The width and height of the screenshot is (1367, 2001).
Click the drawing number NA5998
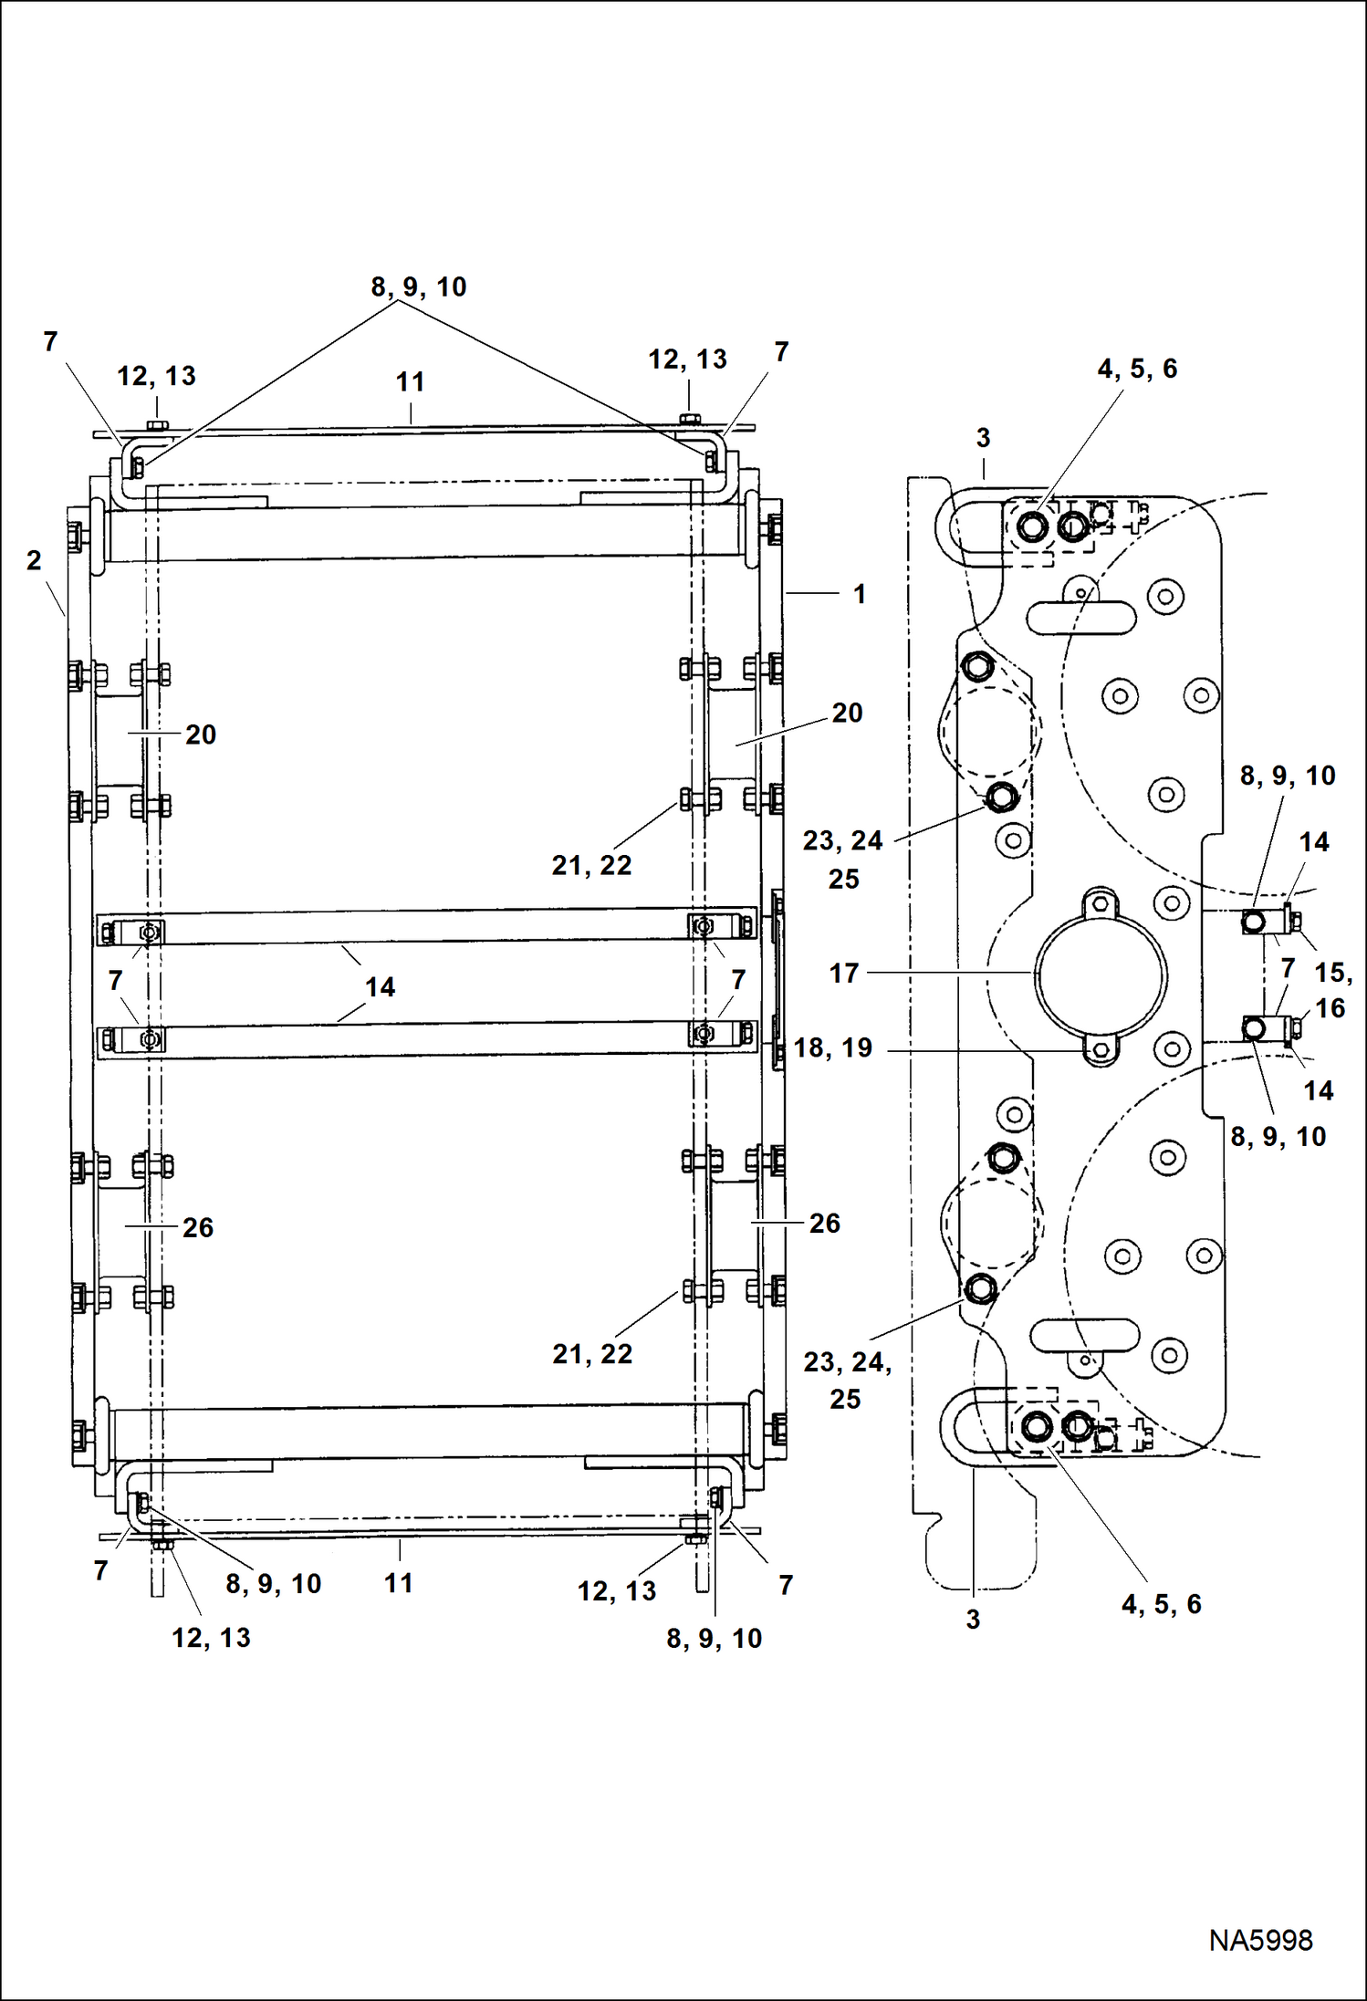[x=1260, y=1940]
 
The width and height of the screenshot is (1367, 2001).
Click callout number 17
[x=844, y=974]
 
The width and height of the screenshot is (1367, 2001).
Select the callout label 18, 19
[x=832, y=1047]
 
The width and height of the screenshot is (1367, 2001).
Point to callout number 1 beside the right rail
[x=859, y=594]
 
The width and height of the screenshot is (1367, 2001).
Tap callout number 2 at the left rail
[x=34, y=560]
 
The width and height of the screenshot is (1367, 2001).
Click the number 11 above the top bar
[x=410, y=382]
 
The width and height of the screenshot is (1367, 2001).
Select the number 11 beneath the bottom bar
[x=398, y=1583]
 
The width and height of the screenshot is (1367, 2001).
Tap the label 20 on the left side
[x=201, y=735]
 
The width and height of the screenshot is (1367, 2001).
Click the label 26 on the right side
[x=824, y=1223]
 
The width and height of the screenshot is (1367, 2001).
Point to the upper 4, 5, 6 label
[x=1137, y=369]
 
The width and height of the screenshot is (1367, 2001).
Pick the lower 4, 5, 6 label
[x=1161, y=1604]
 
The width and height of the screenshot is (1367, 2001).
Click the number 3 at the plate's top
[x=983, y=438]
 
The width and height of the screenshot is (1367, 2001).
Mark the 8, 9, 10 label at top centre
[x=418, y=287]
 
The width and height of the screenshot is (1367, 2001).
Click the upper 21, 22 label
[x=591, y=865]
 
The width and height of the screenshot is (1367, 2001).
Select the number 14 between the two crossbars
[x=380, y=987]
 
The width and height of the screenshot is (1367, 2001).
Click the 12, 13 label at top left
[x=156, y=376]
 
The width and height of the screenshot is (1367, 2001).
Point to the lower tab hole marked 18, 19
[x=1101, y=1050]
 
